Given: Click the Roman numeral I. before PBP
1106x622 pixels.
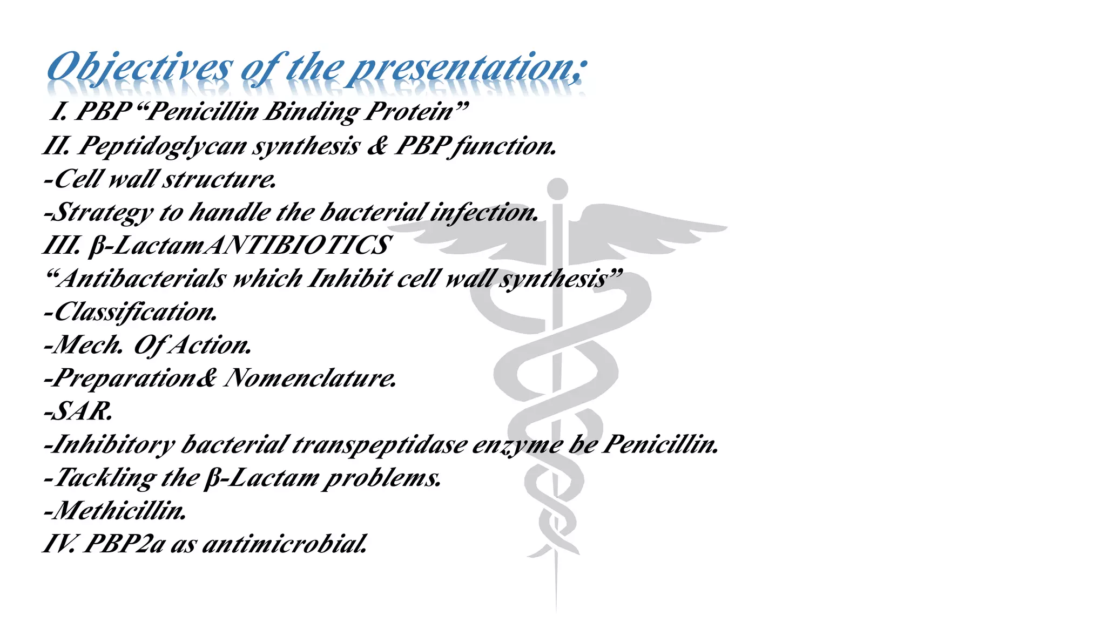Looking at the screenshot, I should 58,111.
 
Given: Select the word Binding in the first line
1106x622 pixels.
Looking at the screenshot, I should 312,112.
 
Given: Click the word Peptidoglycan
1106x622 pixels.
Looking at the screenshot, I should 162,146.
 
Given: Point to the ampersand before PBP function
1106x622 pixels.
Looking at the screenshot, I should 377,146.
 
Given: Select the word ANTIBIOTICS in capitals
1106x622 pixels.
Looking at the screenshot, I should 298,246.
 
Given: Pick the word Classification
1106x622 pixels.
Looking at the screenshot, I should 135,312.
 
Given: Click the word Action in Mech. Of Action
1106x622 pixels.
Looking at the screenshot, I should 210,345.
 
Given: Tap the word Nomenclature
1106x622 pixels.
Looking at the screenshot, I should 311,378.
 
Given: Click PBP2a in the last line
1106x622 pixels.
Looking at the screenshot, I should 124,544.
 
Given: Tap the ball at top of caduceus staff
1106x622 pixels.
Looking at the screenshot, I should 557,189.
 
